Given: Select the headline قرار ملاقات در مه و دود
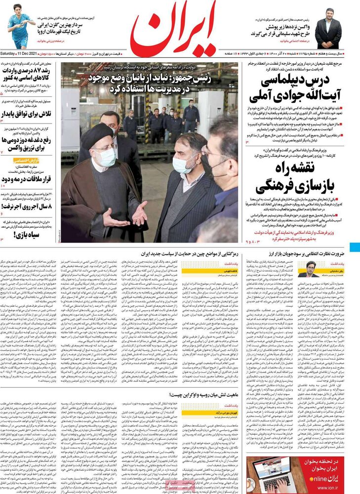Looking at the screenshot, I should pos(29,179).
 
